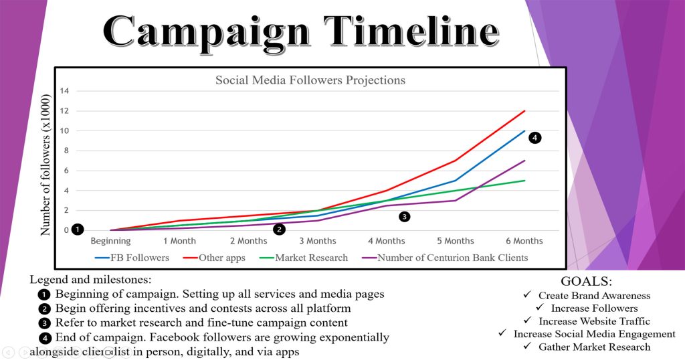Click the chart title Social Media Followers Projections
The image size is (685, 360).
coord(310,80)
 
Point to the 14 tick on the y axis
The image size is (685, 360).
coord(65,91)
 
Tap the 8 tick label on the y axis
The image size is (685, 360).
coord(65,151)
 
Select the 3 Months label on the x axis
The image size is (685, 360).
coord(318,241)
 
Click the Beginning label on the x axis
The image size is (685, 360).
coord(110,241)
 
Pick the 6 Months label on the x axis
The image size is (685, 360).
coord(524,241)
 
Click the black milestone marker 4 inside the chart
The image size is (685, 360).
coord(534,138)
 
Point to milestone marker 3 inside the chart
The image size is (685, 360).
coord(404,216)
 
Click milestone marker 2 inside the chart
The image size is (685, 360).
coord(280,230)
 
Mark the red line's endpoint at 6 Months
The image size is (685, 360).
coord(524,111)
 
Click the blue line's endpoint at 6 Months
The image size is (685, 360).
coord(524,131)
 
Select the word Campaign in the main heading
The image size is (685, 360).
coord(203,30)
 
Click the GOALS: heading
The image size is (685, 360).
coord(586,282)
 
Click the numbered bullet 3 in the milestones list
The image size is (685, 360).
coord(43,323)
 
